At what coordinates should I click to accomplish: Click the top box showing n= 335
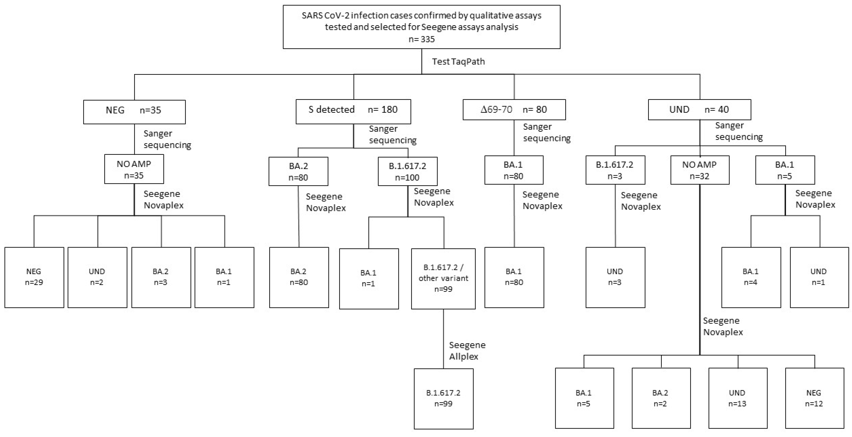[x=421, y=27]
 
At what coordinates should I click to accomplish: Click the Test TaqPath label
[x=458, y=62]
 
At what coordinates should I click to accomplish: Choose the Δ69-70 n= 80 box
[x=514, y=110]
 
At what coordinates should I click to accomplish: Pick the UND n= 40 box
[x=699, y=110]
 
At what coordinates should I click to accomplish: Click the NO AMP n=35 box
[x=134, y=169]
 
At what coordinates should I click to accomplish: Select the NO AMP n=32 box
[x=700, y=170]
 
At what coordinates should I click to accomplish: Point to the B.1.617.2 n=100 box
[x=408, y=171]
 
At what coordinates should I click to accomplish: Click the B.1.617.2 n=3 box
[x=615, y=170]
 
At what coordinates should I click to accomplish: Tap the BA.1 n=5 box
[x=785, y=170]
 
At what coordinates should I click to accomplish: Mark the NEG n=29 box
[x=34, y=277]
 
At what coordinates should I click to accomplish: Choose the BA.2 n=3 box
[x=161, y=277]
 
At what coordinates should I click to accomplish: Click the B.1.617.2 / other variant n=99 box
[x=443, y=278]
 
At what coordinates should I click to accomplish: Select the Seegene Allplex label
[x=467, y=351]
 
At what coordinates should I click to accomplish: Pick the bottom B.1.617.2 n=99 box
[x=443, y=398]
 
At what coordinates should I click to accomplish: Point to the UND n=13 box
[x=738, y=398]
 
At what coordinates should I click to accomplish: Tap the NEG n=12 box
[x=814, y=398]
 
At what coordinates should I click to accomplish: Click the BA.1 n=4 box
[x=751, y=277]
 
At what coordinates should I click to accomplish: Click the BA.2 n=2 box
[x=661, y=398]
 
